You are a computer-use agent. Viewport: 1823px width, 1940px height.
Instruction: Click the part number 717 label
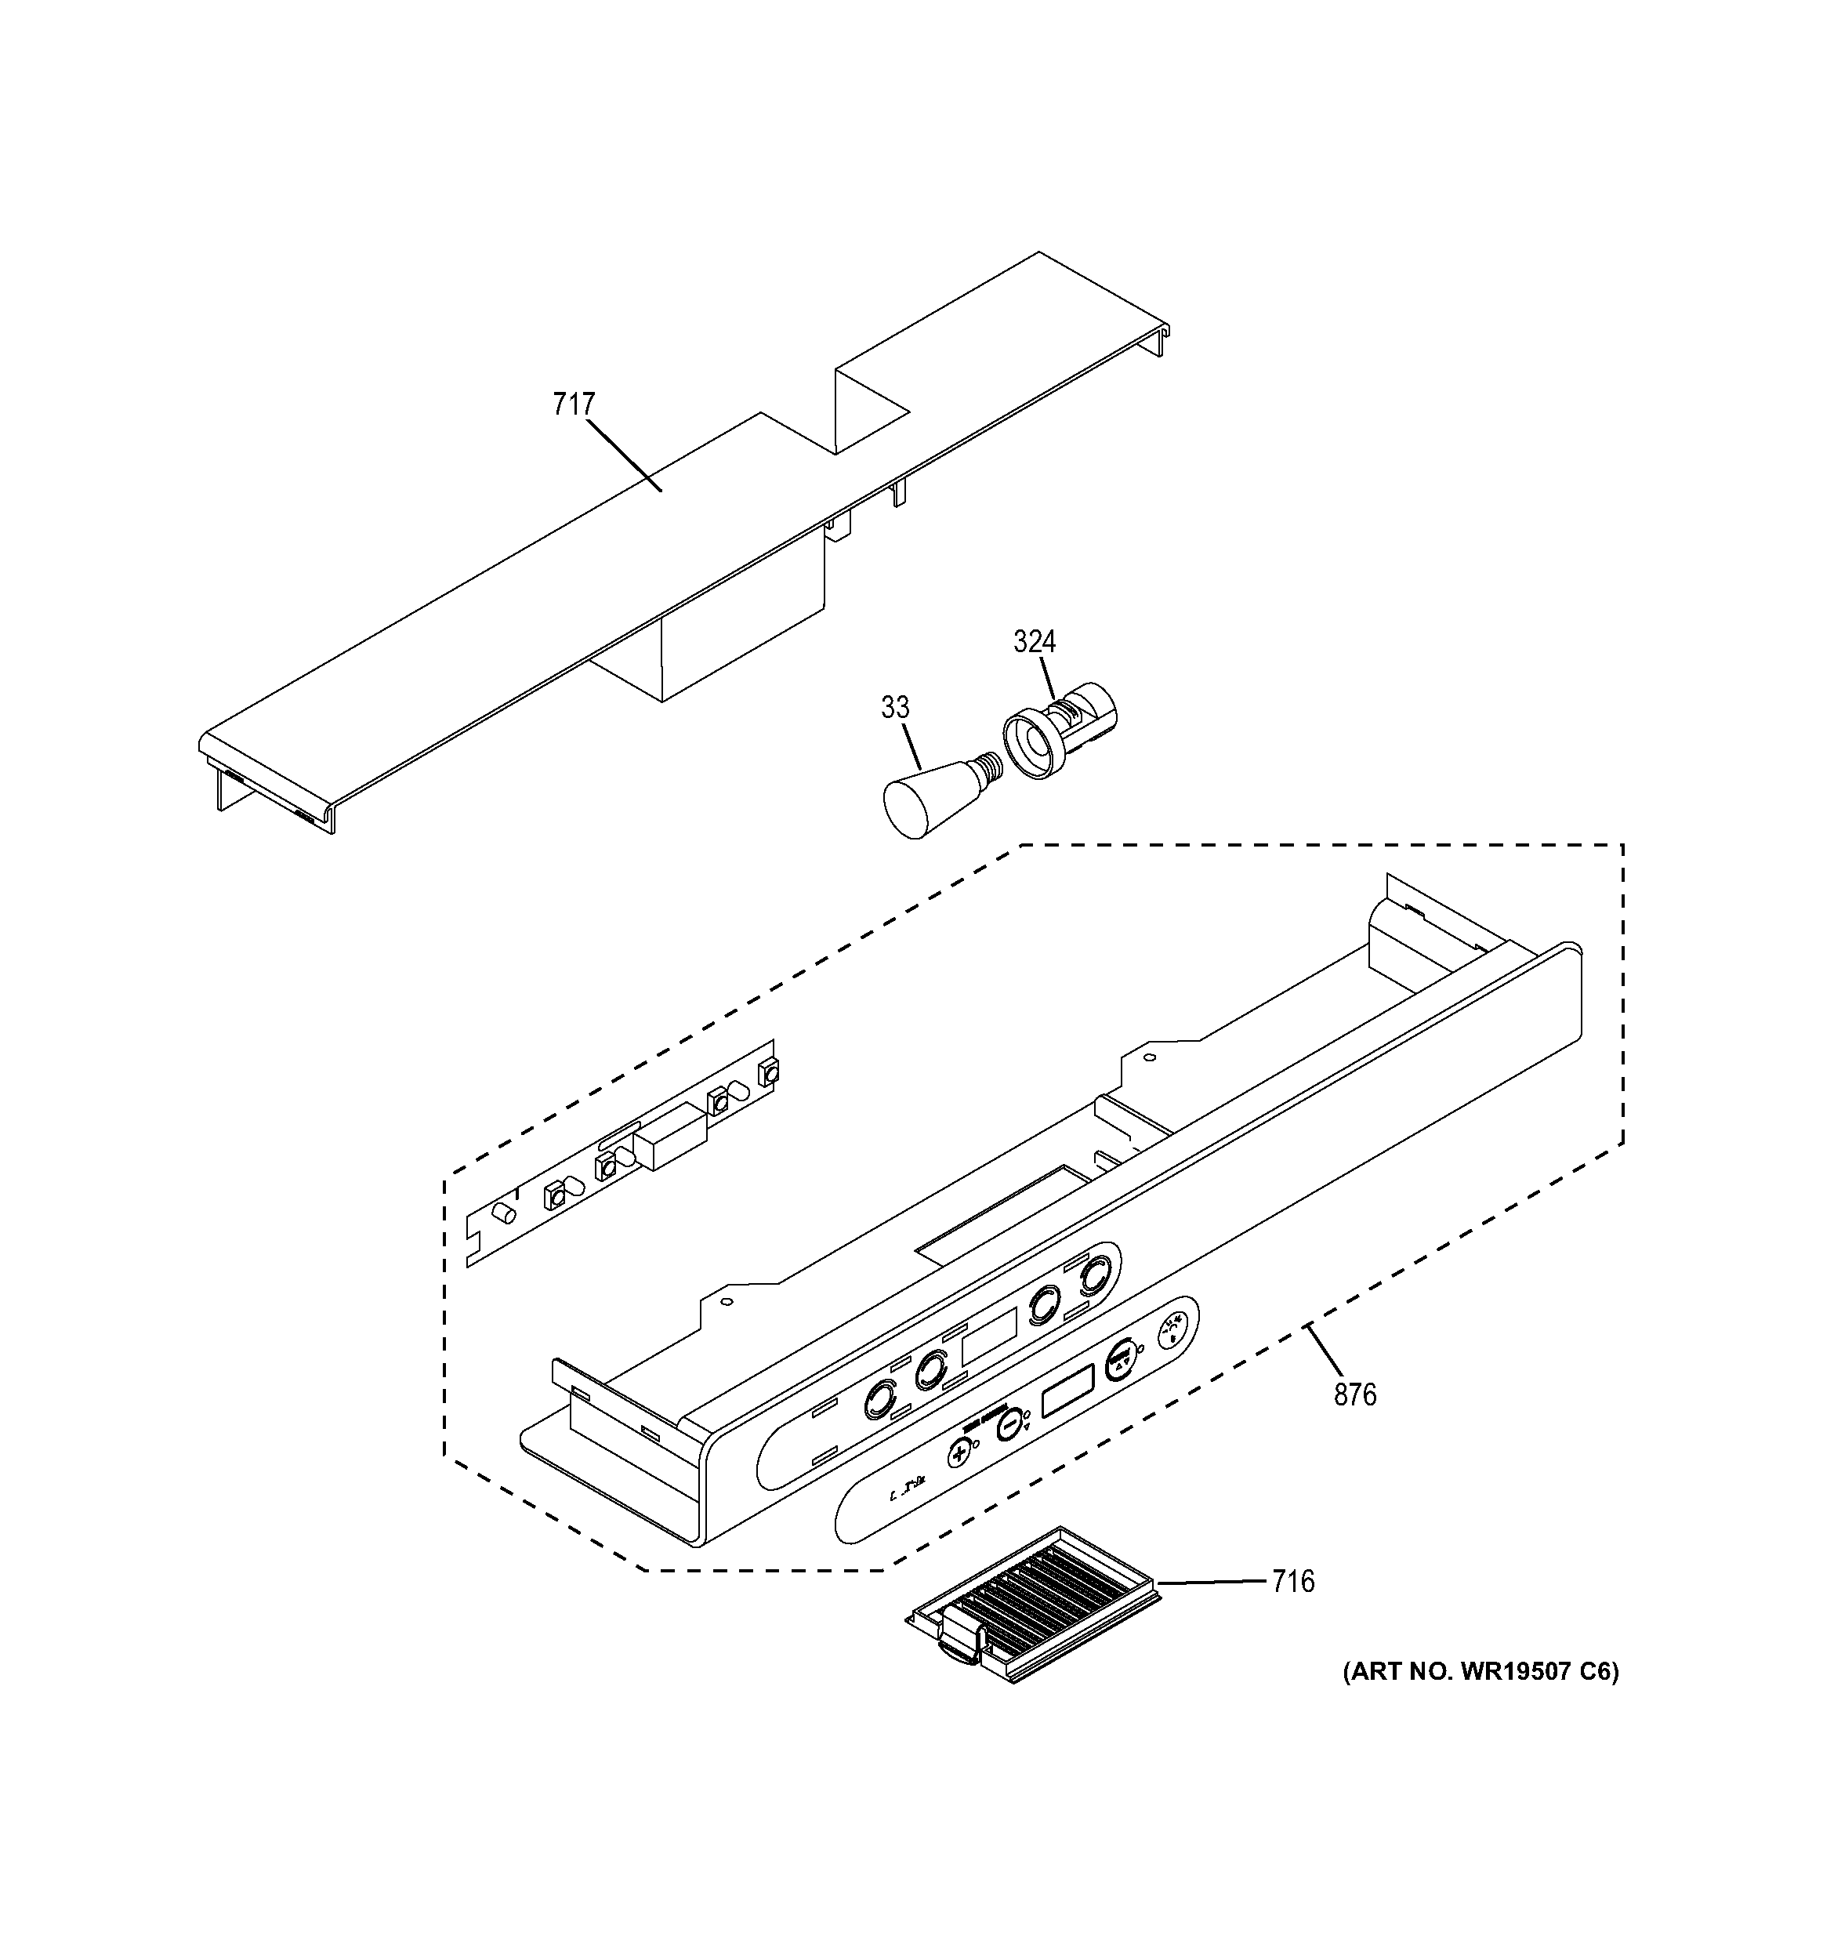pyautogui.click(x=573, y=404)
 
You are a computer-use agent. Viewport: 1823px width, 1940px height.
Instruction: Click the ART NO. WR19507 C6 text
pyautogui.click(x=1481, y=1672)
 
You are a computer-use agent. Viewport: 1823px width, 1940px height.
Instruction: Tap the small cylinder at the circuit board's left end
pyautogui.click(x=505, y=1213)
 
